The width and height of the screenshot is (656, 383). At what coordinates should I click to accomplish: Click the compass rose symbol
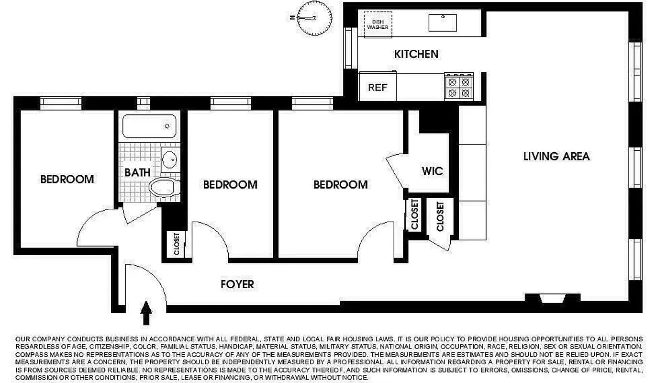(314, 18)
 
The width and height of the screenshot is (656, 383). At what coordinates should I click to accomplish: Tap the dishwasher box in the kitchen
(378, 23)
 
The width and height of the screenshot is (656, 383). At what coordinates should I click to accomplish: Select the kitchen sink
(443, 22)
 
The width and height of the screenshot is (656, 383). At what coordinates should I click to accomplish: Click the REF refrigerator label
(377, 88)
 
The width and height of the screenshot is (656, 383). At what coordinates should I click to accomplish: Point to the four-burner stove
(459, 87)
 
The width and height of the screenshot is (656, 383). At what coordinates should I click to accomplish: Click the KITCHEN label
(416, 54)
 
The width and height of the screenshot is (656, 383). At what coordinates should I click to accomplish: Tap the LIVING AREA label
(556, 157)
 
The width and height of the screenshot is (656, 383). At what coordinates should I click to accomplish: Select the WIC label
(432, 171)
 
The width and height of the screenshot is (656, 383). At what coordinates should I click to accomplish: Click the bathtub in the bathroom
(149, 126)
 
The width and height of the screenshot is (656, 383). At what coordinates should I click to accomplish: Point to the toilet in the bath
(163, 188)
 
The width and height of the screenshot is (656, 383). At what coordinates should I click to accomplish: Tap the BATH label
(137, 172)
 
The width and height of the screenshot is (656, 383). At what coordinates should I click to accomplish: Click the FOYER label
(237, 285)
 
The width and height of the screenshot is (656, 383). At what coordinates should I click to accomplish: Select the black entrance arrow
(146, 313)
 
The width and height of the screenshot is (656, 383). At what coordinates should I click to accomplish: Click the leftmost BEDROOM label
(67, 180)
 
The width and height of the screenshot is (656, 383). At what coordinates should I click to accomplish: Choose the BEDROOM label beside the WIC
(340, 185)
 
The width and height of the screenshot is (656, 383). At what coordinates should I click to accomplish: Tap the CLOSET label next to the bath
(177, 244)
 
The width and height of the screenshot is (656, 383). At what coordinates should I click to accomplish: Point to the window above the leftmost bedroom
(60, 103)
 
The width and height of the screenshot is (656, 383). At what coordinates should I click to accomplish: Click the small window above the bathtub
(143, 103)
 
